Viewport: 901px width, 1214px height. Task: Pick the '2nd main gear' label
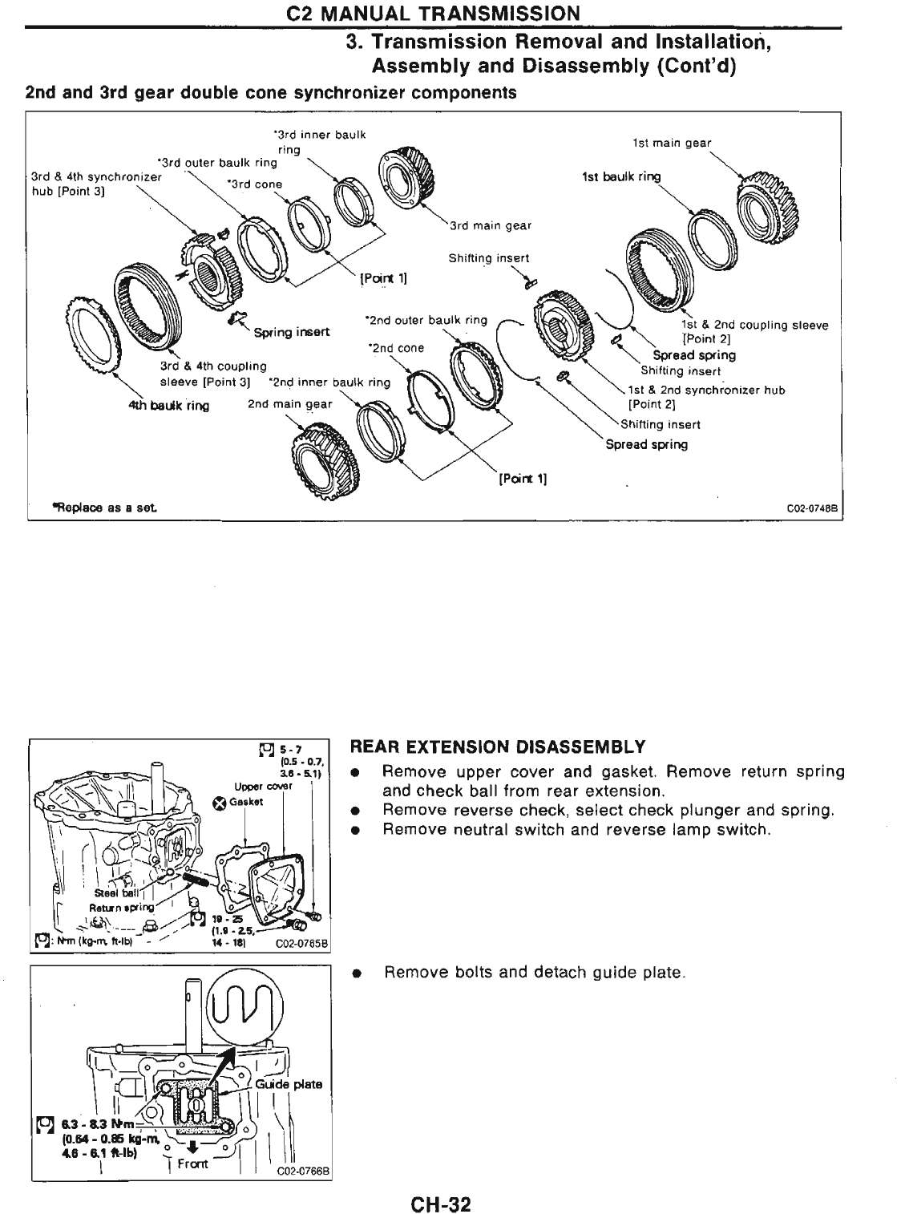(x=289, y=404)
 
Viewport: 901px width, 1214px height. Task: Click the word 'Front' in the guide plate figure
(x=192, y=1163)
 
